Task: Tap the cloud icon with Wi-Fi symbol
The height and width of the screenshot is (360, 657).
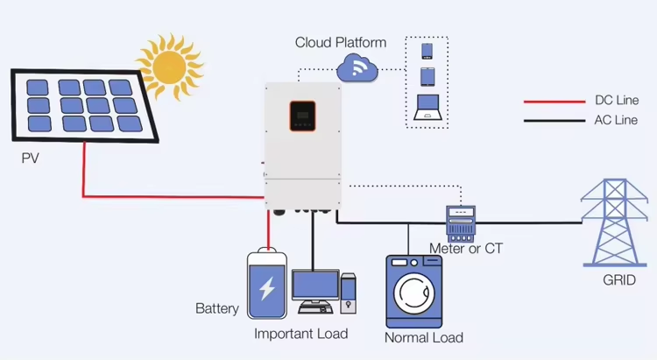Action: pos(356,66)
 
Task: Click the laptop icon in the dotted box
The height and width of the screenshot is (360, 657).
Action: pos(427,107)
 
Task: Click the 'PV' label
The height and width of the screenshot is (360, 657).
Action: pos(32,159)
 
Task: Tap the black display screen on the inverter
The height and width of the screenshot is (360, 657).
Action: pos(302,113)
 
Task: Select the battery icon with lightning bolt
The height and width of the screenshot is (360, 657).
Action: pos(267,286)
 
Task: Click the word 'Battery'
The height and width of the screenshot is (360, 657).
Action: pos(216,308)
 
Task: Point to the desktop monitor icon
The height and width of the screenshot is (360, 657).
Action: pos(314,289)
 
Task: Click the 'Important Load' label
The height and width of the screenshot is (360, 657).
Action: pos(300,334)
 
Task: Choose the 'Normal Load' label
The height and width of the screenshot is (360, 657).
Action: pos(424,337)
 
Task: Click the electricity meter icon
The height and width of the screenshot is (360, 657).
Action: pos(459,223)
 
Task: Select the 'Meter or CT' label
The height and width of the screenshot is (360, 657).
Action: pos(465,249)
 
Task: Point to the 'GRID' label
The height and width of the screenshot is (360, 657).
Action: pos(618,280)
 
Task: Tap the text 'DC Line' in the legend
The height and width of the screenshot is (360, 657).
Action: pos(616,101)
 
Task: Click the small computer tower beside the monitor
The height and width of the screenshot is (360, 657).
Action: pos(349,293)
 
